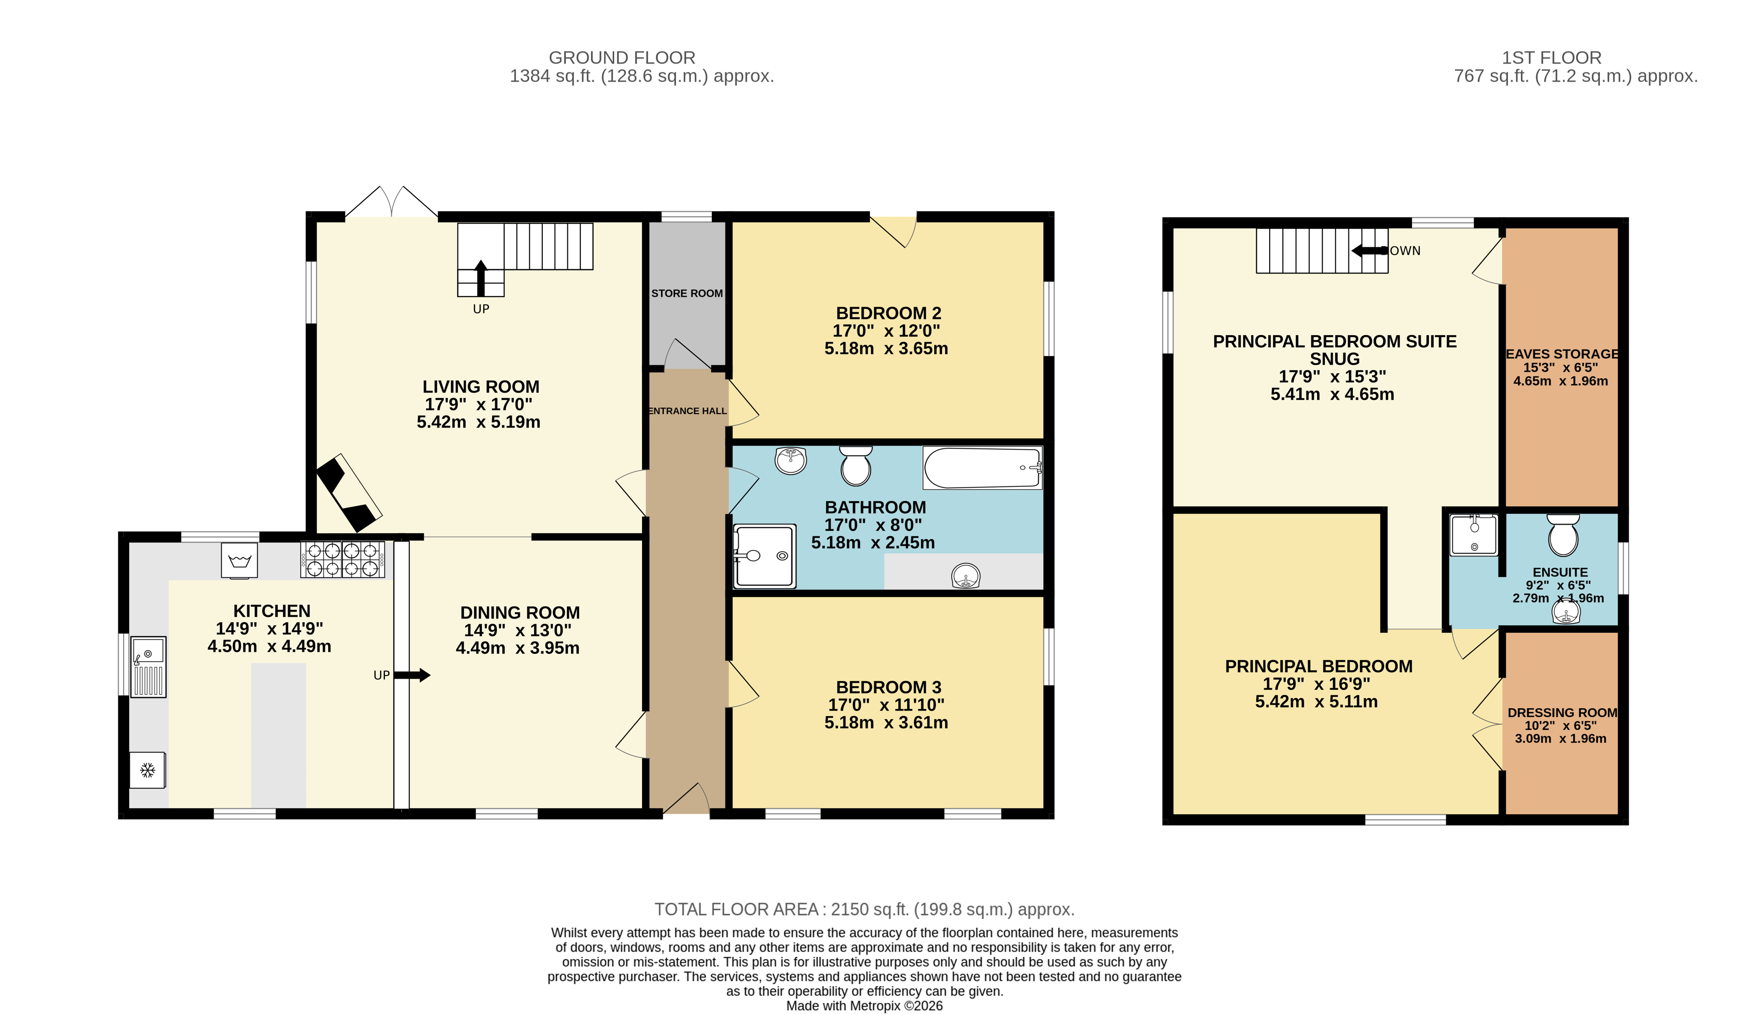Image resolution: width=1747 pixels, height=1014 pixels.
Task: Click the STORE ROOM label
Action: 686,293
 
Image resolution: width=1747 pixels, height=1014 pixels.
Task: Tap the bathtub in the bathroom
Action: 981,468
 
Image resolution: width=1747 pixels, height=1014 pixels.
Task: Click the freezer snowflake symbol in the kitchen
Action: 147,769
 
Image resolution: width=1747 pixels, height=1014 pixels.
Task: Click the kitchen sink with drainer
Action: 149,666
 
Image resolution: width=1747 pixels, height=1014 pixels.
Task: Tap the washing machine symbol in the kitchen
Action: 239,560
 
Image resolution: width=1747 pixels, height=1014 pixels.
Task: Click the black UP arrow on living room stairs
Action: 481,277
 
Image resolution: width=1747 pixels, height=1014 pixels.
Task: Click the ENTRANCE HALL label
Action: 687,411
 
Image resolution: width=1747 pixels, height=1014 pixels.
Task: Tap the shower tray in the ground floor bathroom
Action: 764,556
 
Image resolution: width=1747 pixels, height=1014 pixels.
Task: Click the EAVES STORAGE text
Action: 1562,354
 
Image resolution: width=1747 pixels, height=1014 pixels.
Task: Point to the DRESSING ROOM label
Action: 1562,712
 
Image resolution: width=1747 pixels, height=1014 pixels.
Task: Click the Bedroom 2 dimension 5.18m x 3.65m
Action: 885,349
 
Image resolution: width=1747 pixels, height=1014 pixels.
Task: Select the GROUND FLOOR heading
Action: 621,58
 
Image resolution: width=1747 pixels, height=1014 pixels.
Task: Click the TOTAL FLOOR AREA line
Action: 864,909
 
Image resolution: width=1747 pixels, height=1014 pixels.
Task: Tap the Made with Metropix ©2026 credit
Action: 864,1006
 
